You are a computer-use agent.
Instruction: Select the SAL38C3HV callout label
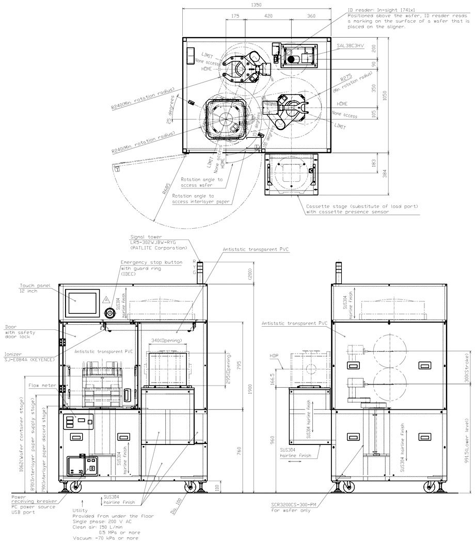point(351,46)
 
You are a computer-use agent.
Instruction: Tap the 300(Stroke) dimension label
point(466,370)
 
